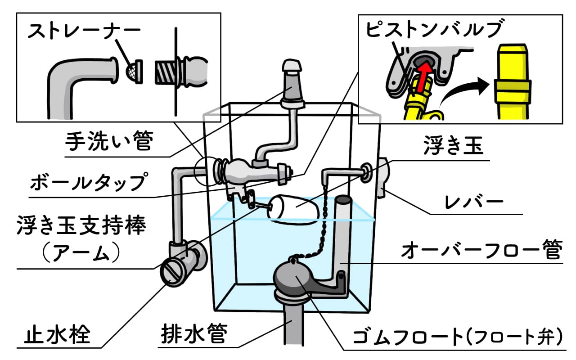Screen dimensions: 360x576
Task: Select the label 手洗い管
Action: pyautogui.click(x=109, y=143)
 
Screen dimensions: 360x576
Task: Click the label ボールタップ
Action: pyautogui.click(x=89, y=183)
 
